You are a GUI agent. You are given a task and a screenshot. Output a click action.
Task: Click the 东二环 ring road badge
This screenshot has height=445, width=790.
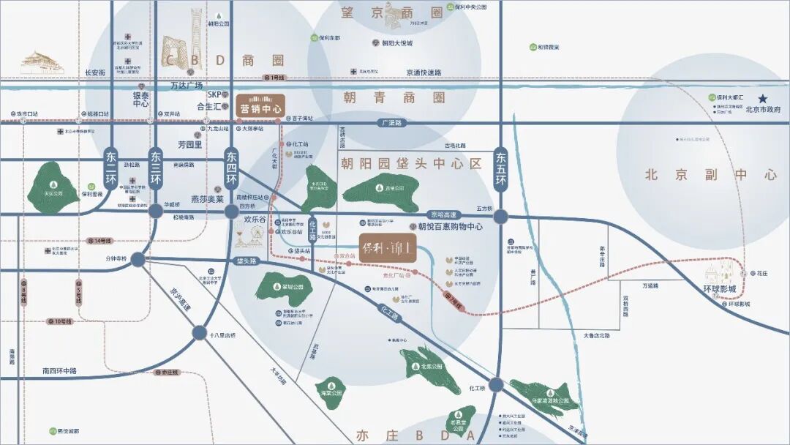click(x=111, y=168)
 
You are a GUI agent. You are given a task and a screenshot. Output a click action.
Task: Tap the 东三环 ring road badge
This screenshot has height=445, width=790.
click(x=156, y=168)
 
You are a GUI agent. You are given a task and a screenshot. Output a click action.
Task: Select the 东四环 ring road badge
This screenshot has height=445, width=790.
click(x=231, y=168)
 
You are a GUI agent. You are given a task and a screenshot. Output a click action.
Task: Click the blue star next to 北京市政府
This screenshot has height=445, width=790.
click(x=764, y=98)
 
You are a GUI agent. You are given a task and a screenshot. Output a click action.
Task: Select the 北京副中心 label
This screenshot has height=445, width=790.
click(x=710, y=175)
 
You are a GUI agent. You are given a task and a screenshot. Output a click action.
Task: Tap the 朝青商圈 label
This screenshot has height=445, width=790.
click(x=394, y=97)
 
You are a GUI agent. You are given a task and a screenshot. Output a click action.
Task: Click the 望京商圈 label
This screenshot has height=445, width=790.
click(x=393, y=12)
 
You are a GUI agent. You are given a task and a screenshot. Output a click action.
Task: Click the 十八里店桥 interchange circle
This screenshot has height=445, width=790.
click(x=200, y=333)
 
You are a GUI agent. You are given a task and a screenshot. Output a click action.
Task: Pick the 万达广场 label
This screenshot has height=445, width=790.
click(x=187, y=86)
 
